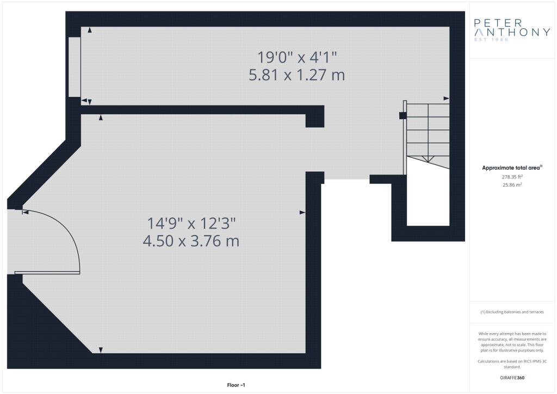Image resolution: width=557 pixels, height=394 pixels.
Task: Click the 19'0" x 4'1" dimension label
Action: point(297,57)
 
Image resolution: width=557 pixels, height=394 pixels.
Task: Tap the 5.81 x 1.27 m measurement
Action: point(297,75)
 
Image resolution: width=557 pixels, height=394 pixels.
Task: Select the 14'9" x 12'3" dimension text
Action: point(191,224)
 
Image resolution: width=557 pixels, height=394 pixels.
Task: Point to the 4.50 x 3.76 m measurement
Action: point(191,241)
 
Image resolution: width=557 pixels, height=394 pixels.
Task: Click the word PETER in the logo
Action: point(498,23)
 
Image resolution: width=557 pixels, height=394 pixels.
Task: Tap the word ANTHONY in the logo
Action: point(512,32)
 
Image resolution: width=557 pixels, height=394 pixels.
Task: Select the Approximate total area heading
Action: point(512,168)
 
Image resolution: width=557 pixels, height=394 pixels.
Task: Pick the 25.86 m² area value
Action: point(512,184)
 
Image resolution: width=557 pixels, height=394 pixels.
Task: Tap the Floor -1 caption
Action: point(236,385)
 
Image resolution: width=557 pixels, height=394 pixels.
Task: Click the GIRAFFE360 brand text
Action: point(512,378)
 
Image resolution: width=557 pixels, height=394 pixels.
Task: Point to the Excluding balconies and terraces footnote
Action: point(512,312)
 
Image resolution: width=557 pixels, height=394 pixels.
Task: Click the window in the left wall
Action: point(75,67)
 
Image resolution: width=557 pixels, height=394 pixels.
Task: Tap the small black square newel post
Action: point(403,115)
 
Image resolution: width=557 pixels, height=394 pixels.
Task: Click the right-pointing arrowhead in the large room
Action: point(302,212)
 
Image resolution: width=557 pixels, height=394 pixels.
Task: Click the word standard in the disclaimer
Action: point(512,367)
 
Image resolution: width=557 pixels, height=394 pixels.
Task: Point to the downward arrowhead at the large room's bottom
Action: point(101,350)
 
